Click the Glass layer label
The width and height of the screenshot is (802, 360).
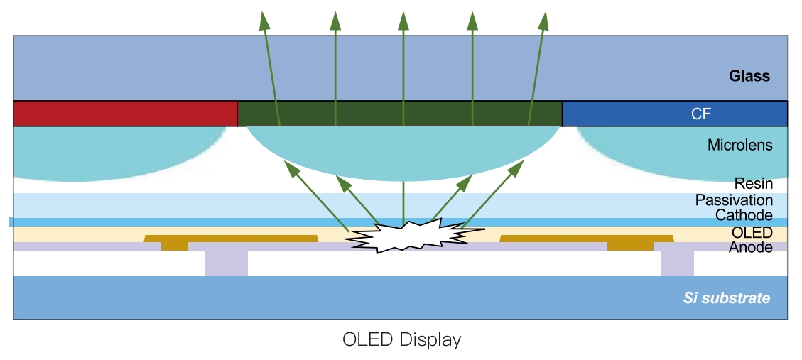pos(749,76)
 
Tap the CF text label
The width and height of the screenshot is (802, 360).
pos(700,114)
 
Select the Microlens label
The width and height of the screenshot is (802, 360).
pos(739,146)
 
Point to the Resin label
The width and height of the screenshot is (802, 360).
pos(753,185)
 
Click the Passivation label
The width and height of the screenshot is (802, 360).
pos(734,200)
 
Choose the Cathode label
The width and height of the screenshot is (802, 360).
pos(743,215)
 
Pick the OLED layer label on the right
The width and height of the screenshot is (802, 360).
pos(752,233)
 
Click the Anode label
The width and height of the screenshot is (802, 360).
pos(750,248)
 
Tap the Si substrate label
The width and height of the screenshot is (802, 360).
pos(726,298)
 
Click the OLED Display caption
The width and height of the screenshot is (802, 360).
pos(401,339)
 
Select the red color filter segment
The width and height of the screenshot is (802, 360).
pos(125,114)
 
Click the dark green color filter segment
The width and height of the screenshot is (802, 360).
pos(399,114)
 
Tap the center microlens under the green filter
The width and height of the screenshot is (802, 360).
pos(403,153)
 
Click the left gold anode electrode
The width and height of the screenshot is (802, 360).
pos(231,239)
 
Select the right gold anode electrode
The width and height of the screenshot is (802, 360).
pos(587,239)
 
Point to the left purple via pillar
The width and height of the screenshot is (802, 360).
pos(226,262)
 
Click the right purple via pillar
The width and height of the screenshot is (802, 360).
pos(677,262)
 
